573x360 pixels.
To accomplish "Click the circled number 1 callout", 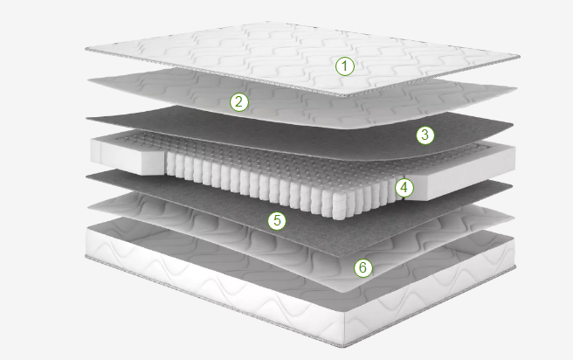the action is coord(345,66).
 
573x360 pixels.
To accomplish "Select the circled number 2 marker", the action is coord(239,101).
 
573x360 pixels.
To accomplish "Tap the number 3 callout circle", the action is coord(425,135).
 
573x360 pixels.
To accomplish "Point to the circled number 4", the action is coord(404,188).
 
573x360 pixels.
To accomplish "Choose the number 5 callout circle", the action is coord(277,221).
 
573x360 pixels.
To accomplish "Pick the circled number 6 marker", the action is coord(362,267).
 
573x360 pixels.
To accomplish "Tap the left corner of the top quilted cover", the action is coord(86,49).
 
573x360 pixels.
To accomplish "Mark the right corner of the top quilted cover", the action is coord(519,56).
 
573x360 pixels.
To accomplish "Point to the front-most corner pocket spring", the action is coord(338,206).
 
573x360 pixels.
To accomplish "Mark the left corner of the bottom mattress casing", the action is coord(86,256).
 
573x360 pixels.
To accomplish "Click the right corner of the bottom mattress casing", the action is coord(514,267).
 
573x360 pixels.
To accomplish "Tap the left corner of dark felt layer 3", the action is coord(87,118).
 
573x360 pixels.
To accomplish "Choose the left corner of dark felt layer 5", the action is coord(87,177).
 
